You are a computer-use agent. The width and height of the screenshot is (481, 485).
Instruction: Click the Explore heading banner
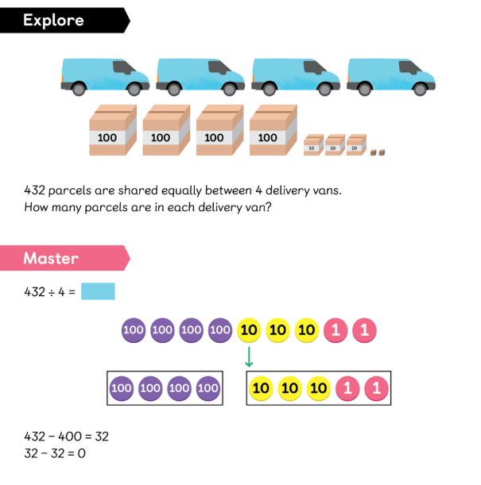coord(65,21)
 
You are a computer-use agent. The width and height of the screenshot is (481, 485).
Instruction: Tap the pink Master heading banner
coord(65,258)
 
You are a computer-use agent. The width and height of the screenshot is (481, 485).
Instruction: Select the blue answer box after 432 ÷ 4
coord(98,291)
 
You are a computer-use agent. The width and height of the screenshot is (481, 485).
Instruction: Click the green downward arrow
coord(249,357)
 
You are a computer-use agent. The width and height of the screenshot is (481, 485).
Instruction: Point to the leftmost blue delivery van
coord(105,77)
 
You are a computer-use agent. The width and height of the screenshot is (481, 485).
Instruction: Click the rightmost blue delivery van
coord(391,77)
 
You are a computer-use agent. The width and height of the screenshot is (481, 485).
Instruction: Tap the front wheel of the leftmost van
coord(134,89)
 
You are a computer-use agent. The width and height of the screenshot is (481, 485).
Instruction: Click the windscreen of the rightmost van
coord(409,67)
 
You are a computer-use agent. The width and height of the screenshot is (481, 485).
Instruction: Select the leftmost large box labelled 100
coord(113,130)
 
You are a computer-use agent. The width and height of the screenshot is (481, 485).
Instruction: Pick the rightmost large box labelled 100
coord(273,130)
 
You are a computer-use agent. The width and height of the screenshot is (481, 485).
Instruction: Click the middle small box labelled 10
coord(335,144)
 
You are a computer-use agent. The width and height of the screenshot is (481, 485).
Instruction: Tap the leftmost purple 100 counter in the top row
coord(134,330)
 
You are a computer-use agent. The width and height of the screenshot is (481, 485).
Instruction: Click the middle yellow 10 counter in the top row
coord(277,330)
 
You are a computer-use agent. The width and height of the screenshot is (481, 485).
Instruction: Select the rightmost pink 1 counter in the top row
coord(365,330)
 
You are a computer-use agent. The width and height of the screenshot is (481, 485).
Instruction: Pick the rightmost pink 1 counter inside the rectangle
coord(376,388)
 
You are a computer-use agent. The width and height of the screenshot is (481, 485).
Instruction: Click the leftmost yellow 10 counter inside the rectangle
coord(261,388)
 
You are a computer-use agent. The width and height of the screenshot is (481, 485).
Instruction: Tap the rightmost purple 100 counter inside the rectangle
coord(208,388)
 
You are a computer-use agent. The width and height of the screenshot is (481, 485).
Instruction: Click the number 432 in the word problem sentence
coord(35,191)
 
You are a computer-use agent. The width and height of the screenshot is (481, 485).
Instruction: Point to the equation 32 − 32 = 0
coord(55,453)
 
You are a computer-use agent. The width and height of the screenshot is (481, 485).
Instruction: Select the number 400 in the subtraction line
coord(70,437)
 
